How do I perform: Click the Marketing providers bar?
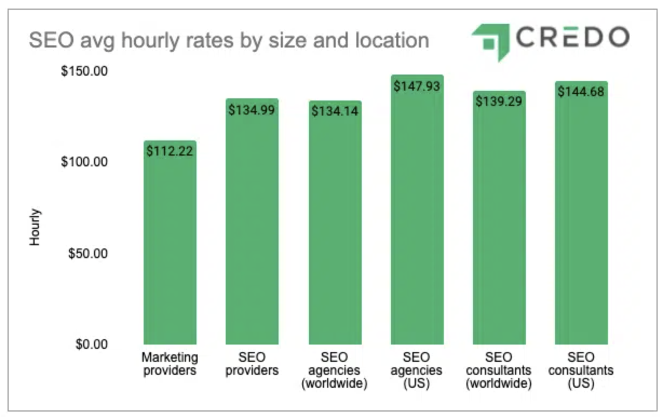(170, 248)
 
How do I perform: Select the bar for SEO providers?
(252, 227)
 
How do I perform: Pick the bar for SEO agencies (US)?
(417, 216)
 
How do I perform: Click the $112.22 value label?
(170, 151)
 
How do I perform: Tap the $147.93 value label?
(417, 86)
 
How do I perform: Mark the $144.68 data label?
(581, 92)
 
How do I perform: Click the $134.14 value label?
(335, 111)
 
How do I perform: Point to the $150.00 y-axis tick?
(84, 71)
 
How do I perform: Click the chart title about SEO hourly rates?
(228, 41)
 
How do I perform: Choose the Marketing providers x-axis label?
(170, 364)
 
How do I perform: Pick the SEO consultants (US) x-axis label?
(581, 370)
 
